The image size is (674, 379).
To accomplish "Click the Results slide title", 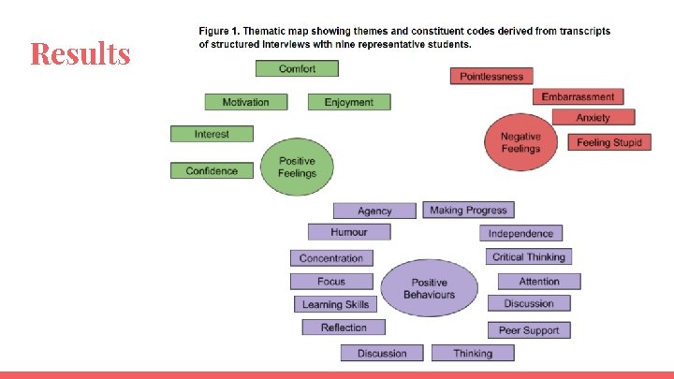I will point(80,53).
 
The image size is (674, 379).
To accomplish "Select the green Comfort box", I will point(297,68).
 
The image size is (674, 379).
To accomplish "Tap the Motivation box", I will point(245,102).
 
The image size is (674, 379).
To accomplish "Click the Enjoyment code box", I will point(348,102).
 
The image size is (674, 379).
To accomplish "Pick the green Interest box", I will point(212,134).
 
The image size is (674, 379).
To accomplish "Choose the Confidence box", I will point(212,170).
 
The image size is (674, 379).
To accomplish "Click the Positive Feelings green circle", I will point(297,168).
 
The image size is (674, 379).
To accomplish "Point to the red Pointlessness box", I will point(491,76).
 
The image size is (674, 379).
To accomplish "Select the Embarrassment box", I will point(578,96).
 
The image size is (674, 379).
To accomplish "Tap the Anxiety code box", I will point(593,117).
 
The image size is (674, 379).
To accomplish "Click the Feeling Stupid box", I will point(608,142).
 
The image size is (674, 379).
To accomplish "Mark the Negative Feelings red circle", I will point(520,142).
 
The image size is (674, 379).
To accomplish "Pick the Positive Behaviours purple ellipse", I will point(429,288).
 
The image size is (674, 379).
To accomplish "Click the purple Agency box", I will point(374,211).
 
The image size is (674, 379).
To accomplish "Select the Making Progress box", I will point(468,211).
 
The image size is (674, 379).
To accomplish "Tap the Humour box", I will point(348,232).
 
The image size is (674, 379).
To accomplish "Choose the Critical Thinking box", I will point(529,256).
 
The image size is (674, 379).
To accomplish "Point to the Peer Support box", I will point(529,330).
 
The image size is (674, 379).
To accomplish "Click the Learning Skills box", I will point(335,304).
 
